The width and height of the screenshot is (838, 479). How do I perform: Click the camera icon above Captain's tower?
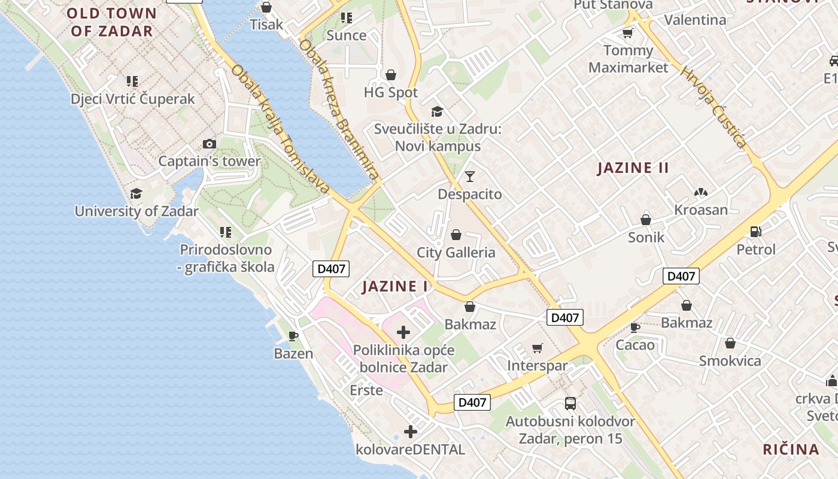coord(209,144)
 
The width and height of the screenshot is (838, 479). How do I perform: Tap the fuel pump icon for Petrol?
coord(756,232)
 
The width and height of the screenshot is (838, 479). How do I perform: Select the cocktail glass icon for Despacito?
coord(470,177)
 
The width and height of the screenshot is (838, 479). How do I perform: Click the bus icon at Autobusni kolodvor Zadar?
coord(570,404)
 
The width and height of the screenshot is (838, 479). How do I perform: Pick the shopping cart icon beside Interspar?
coord(538,348)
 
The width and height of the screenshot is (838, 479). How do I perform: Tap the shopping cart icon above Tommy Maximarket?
coord(627,33)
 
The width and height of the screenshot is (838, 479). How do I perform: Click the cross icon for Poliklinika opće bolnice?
coord(403,332)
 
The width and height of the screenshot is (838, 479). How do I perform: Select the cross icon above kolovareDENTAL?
coord(411,431)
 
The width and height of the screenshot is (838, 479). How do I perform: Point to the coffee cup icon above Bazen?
coord(293,336)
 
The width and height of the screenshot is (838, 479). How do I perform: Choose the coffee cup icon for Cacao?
coord(635,328)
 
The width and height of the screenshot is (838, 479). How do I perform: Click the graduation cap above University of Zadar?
coord(136,193)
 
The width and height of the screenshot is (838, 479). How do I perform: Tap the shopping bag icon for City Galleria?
coord(456,235)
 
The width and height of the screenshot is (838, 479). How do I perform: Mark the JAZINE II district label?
coord(633,168)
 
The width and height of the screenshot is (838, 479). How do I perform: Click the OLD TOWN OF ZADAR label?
coord(111,22)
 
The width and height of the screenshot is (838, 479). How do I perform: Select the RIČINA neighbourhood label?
coord(791,449)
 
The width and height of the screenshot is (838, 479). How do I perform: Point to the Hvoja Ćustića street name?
coord(713,107)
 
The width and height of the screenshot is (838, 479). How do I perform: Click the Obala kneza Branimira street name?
coord(339,110)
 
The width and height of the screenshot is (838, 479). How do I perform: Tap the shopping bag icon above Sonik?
coord(646,220)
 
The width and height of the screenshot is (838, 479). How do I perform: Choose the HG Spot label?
coord(391,92)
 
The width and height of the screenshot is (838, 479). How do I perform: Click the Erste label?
coord(366,390)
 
